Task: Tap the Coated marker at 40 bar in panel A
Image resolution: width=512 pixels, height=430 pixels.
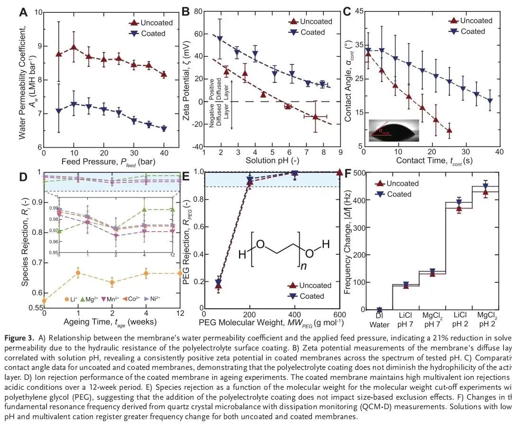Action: tap(164, 128)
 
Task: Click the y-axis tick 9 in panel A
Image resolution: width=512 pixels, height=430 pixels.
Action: tap(38, 46)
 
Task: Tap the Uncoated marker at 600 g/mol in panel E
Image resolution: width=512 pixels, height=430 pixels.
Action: tap(339, 172)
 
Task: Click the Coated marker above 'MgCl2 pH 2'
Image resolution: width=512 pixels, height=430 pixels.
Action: tap(498, 185)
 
